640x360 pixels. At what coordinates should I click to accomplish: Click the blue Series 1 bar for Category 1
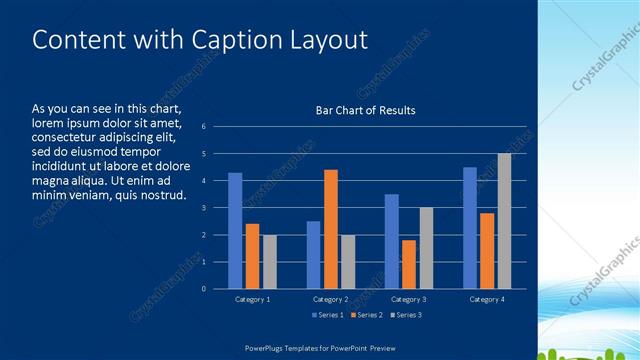point(235,231)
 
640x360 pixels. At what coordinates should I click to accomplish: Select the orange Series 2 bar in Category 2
point(331,229)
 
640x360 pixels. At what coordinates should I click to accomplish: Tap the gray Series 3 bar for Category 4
point(504,221)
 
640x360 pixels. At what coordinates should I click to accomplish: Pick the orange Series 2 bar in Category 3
point(409,264)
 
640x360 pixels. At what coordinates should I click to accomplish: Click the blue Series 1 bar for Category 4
point(470,228)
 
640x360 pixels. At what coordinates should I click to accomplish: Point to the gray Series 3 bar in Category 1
point(269,262)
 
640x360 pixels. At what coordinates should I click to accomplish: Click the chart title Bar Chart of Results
point(358,110)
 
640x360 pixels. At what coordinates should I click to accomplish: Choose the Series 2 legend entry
point(366,315)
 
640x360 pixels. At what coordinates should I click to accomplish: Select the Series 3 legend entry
point(406,315)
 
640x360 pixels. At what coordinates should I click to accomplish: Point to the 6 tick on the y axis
point(203,127)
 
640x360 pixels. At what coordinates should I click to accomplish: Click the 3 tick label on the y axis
point(203,208)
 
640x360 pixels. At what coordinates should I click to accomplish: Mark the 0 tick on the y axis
point(203,289)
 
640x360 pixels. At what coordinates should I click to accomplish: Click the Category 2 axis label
point(330,299)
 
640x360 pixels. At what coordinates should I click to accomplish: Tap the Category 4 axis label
point(486,299)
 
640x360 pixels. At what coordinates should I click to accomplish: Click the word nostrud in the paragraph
point(164,194)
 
